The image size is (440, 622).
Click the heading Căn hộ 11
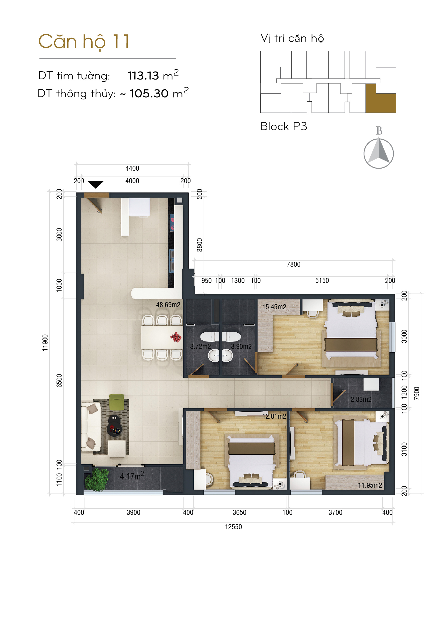(x=84, y=42)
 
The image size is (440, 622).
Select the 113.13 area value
(x=143, y=76)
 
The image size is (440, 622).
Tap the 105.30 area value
(x=149, y=93)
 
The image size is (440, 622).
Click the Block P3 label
(x=284, y=126)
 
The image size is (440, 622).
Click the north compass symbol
(x=379, y=153)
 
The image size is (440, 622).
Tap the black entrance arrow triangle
(x=96, y=184)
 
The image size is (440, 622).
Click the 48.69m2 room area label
(x=168, y=305)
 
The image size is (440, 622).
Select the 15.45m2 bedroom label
(x=274, y=307)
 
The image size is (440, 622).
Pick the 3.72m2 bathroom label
(x=200, y=347)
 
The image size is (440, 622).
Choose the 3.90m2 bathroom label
(x=241, y=347)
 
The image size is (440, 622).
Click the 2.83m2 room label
(x=361, y=400)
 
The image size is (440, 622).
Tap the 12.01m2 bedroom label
(x=274, y=416)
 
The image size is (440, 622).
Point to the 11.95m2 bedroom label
(x=370, y=485)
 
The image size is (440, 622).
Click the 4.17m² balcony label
(x=132, y=476)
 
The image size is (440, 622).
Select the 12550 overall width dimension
(x=233, y=527)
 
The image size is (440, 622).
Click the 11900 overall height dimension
(x=45, y=343)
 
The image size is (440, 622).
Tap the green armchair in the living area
(x=117, y=402)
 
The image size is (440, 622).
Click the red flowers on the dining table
(x=176, y=337)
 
